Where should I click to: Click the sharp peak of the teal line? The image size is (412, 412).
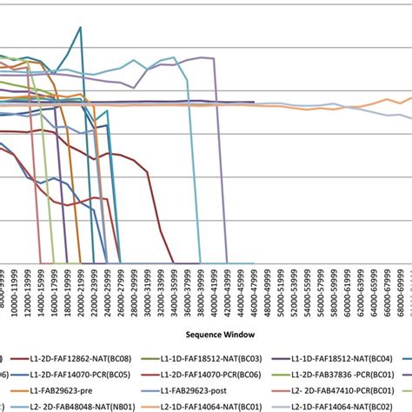point(81,27)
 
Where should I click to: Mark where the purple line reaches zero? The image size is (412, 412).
point(227,262)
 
